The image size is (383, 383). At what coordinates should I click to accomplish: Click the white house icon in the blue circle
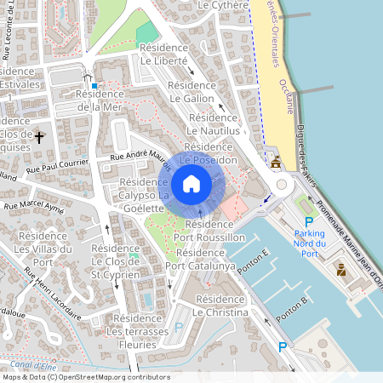tap(191, 183)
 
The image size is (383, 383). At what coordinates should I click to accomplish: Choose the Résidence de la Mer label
tap(100, 100)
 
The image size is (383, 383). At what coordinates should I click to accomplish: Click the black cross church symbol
tap(39, 135)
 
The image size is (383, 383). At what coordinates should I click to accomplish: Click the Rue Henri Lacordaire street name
tap(52, 293)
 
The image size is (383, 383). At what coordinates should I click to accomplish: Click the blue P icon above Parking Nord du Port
tap(309, 221)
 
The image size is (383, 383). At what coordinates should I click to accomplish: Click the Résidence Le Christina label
tap(220, 306)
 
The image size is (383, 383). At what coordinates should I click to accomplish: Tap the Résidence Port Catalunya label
tap(200, 260)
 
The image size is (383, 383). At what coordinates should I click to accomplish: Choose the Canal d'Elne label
tap(24, 364)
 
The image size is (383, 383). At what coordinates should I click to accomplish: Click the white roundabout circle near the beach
tap(279, 185)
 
